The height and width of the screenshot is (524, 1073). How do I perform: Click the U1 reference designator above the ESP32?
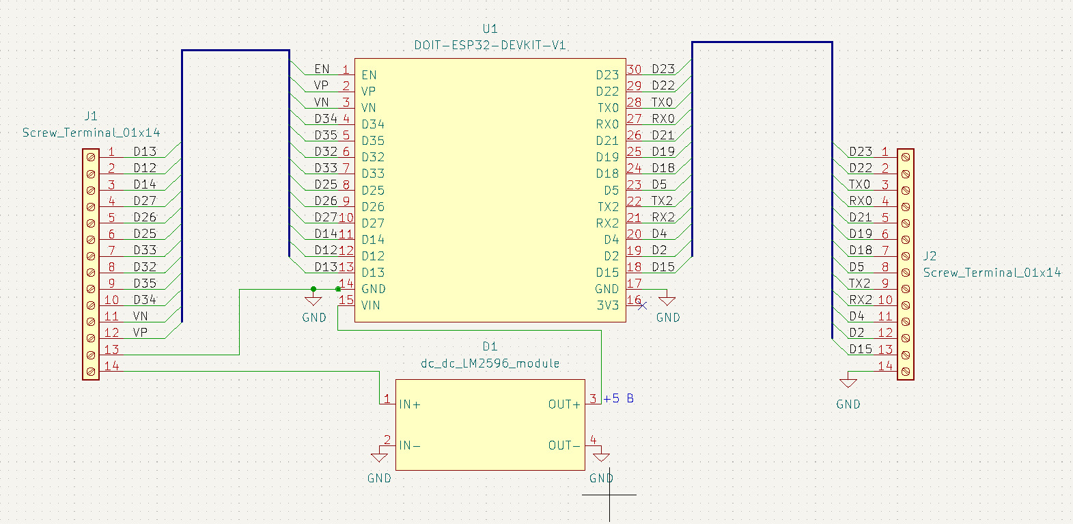[490, 29]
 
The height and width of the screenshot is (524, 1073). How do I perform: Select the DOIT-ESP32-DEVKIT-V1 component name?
[490, 45]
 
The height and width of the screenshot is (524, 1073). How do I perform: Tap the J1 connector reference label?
[91, 116]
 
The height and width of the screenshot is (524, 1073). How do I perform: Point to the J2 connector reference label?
[930, 256]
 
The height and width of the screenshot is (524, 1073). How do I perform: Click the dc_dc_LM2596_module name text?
[490, 363]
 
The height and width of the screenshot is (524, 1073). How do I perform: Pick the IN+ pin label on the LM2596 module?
[410, 404]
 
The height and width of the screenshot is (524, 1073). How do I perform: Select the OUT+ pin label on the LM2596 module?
[564, 404]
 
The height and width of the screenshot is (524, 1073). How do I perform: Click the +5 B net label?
[618, 398]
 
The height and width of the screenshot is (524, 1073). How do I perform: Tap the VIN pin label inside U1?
[371, 305]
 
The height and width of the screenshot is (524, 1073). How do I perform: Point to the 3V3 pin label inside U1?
[608, 305]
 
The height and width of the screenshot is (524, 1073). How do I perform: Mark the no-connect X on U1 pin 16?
[642, 305]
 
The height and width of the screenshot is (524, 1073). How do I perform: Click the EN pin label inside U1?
[369, 75]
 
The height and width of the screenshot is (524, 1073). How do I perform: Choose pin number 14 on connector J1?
[111, 366]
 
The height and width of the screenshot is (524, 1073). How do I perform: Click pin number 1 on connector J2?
[885, 152]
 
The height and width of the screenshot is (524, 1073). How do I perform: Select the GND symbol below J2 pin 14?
[848, 383]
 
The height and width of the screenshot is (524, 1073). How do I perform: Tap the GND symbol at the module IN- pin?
[379, 456]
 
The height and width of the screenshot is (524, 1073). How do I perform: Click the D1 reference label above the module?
[490, 347]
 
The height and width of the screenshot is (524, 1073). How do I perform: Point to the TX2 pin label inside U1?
[608, 207]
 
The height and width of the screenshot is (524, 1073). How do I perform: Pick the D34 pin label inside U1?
[373, 124]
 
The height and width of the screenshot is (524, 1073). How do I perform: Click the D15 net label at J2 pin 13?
[861, 349]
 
